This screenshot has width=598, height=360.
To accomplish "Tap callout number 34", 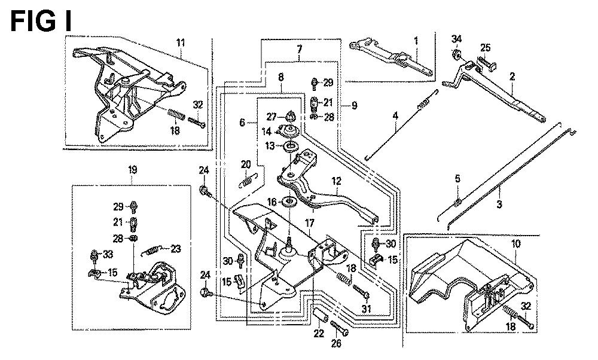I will tap(456, 40).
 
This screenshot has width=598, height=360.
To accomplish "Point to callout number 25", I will tap(485, 48).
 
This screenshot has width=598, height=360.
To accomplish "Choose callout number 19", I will tap(132, 170).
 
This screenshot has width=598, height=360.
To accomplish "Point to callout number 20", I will tap(246, 164).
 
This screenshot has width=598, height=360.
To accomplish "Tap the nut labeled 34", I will tap(456, 56).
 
